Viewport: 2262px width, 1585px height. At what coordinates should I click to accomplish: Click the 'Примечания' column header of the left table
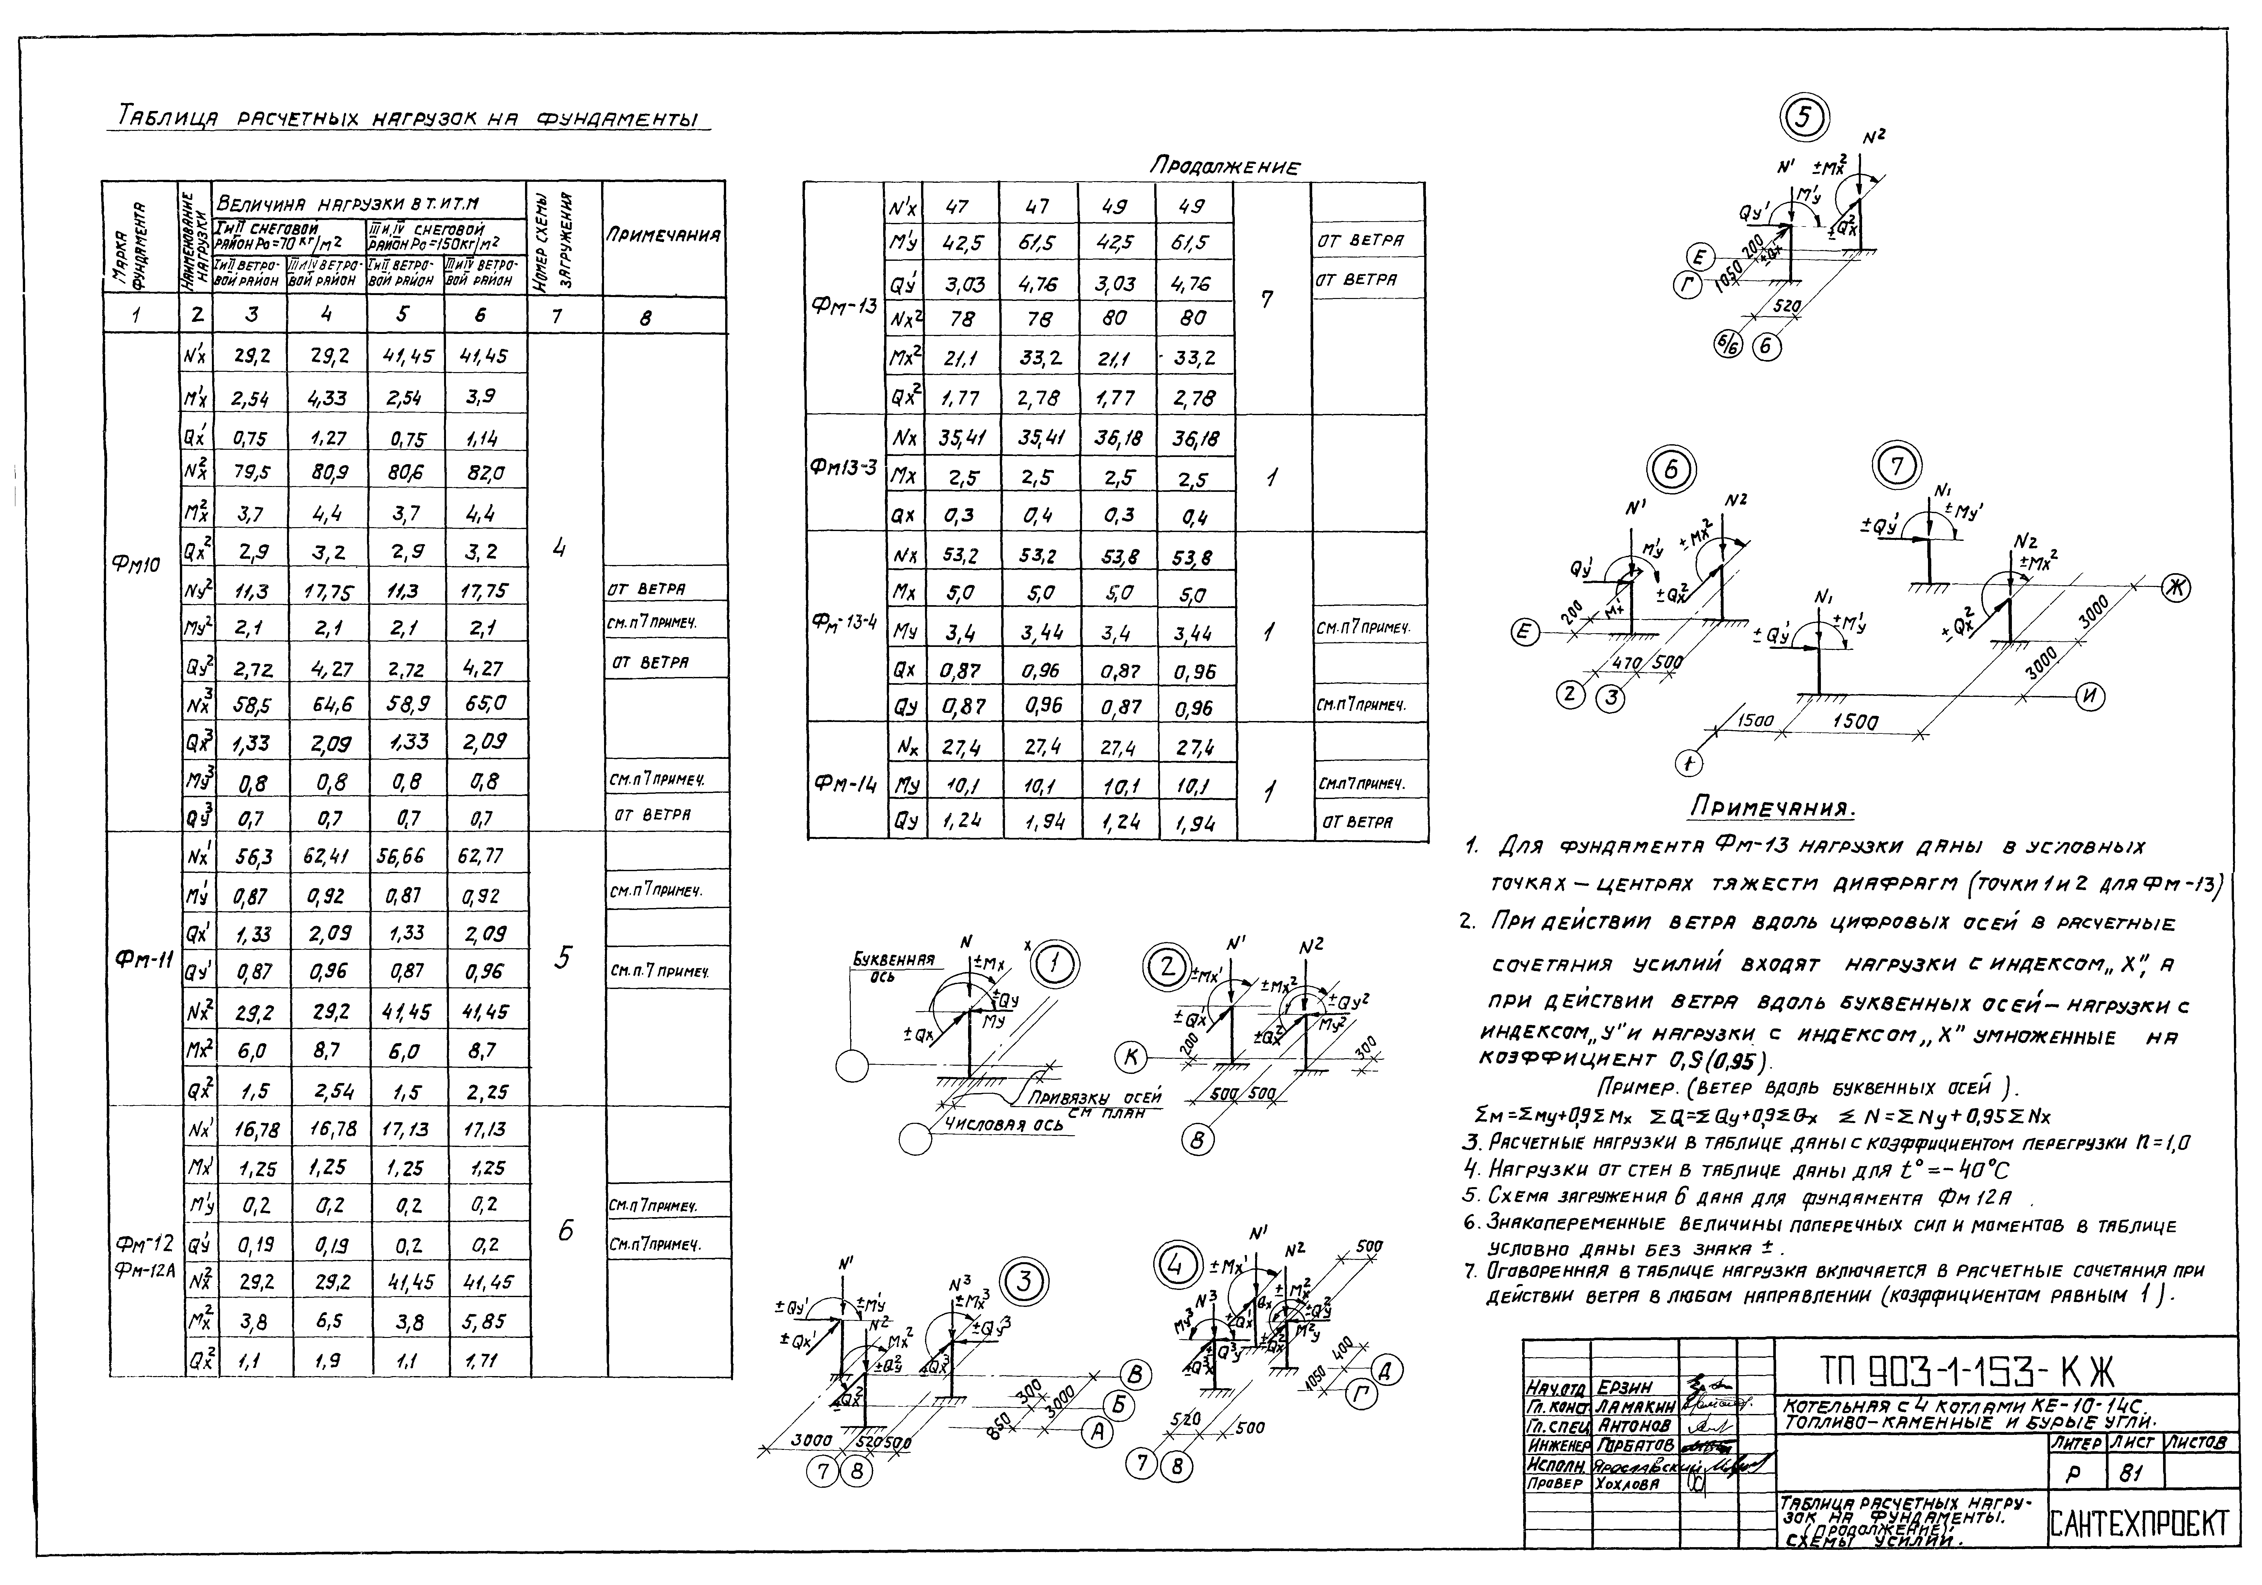[664, 236]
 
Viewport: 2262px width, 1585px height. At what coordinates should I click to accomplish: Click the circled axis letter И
[2090, 697]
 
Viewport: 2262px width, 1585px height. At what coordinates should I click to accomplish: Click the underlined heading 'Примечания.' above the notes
[1771, 808]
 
